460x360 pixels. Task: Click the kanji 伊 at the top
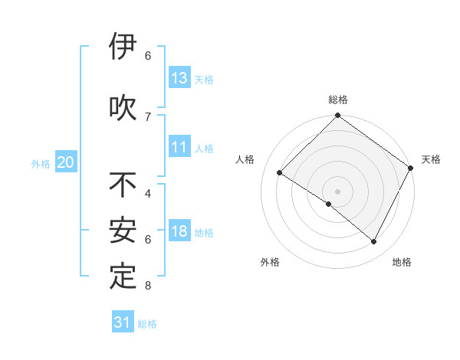123,47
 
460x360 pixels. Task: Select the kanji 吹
123,108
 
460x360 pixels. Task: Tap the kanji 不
123,185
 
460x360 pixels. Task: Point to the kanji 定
123,277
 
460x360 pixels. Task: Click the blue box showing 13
179,78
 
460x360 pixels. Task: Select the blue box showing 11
179,148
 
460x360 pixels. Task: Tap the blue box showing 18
179,232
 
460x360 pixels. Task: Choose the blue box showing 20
66,162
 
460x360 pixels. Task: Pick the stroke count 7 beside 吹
148,116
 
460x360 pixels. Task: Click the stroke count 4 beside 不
148,193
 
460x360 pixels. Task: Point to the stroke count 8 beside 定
148,286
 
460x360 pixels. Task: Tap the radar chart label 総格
338,100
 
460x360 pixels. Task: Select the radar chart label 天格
431,159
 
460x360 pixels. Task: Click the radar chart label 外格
270,262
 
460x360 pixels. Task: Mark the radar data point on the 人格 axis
280,173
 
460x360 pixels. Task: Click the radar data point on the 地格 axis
374,242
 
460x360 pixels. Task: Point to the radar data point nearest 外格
329,205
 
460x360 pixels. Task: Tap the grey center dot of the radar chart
337,191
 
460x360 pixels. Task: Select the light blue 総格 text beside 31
147,324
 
